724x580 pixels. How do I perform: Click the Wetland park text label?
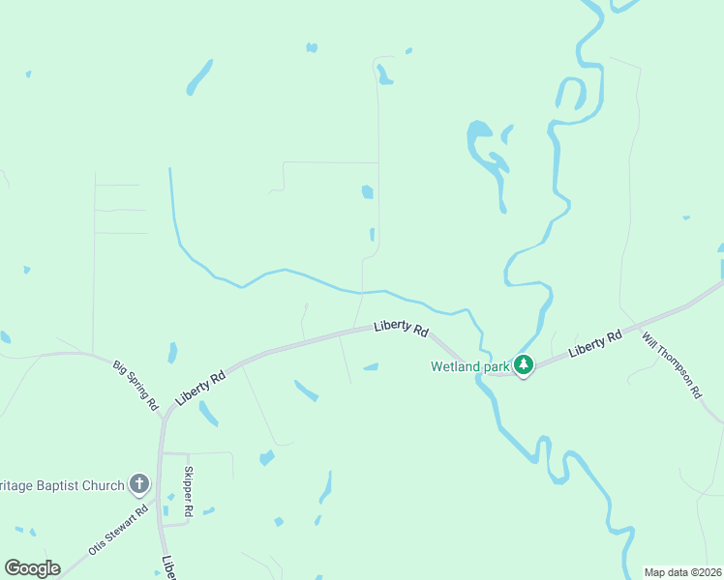point(469,366)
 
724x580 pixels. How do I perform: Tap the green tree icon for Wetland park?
point(524,365)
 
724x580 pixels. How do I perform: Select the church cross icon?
point(139,484)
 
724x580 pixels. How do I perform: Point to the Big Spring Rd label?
point(136,386)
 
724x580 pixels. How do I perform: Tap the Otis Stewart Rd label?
point(119,529)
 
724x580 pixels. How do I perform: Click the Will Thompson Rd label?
point(671,365)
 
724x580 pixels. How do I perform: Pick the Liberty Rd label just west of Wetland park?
point(401,330)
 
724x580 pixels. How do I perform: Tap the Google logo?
point(32,568)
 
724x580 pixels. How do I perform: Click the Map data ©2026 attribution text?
point(682,572)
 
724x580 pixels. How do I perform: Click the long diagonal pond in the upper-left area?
point(199,77)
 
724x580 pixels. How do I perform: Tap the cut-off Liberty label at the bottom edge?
point(168,565)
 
